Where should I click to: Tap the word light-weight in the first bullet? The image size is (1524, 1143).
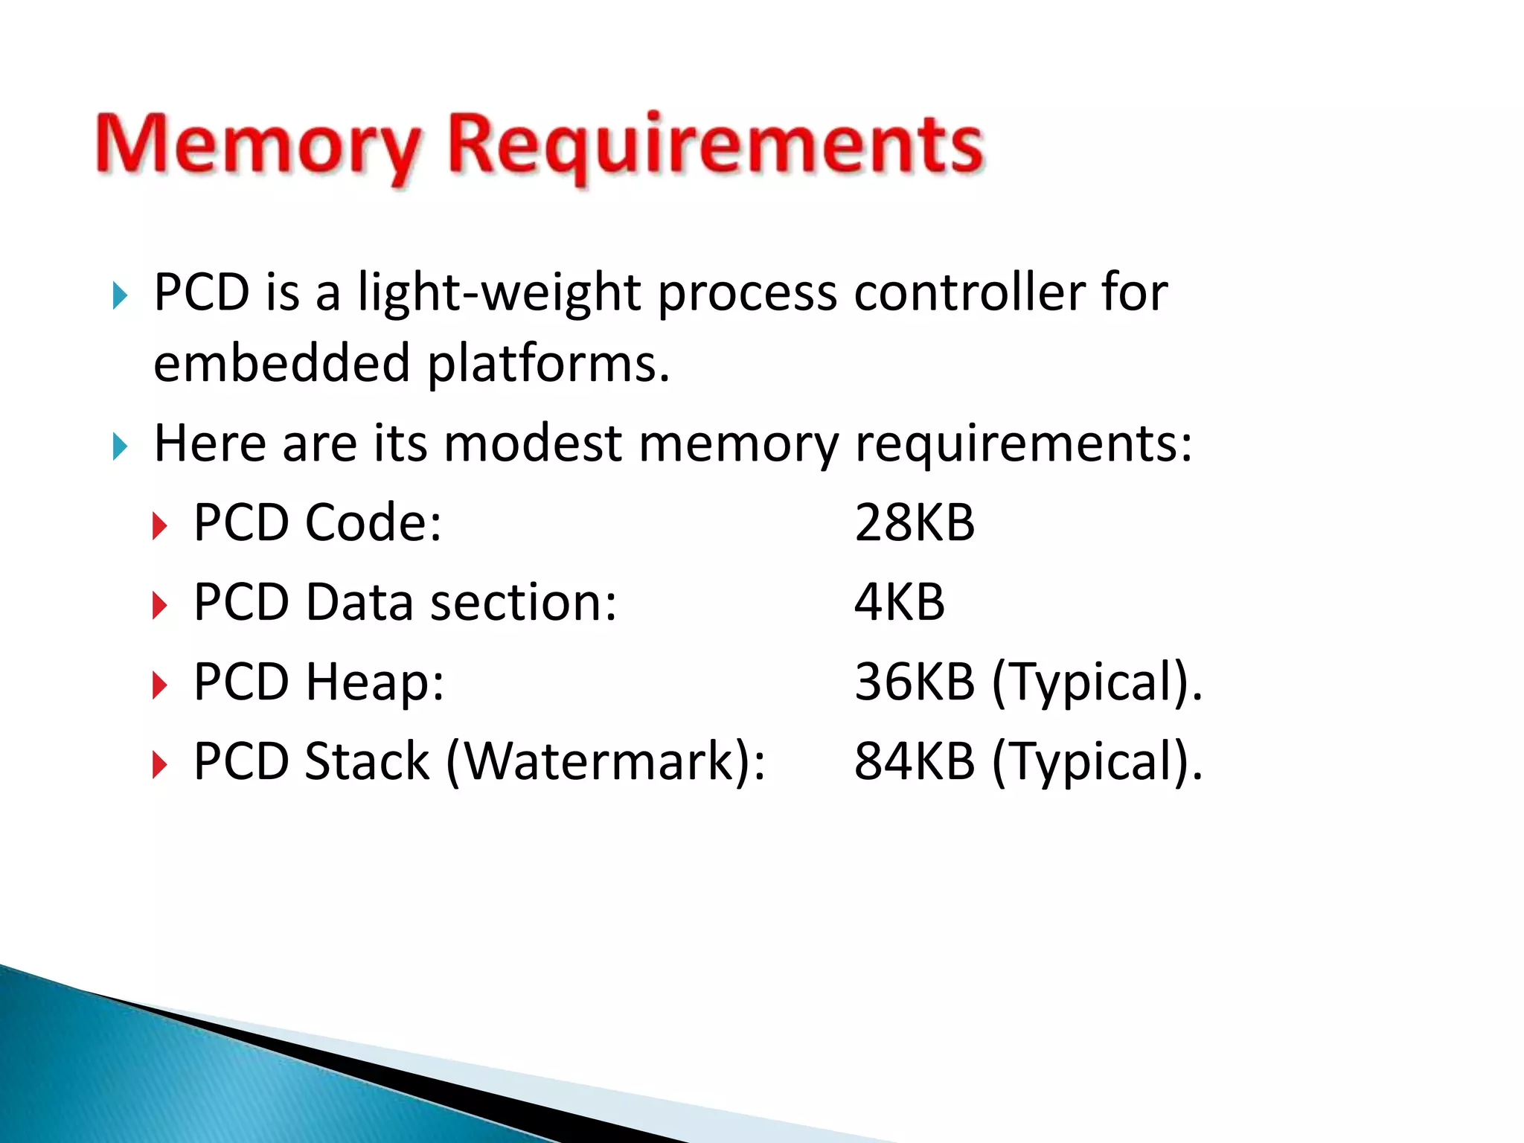(x=499, y=292)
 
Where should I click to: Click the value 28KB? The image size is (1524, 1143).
(x=914, y=522)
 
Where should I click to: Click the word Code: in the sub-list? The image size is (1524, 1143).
(x=374, y=522)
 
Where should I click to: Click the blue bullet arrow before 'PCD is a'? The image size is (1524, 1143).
(x=120, y=295)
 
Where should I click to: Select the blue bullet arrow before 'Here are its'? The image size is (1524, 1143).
(x=120, y=446)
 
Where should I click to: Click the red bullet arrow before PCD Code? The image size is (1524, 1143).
(x=159, y=526)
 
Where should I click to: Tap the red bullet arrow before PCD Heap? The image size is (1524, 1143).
(x=159, y=685)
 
